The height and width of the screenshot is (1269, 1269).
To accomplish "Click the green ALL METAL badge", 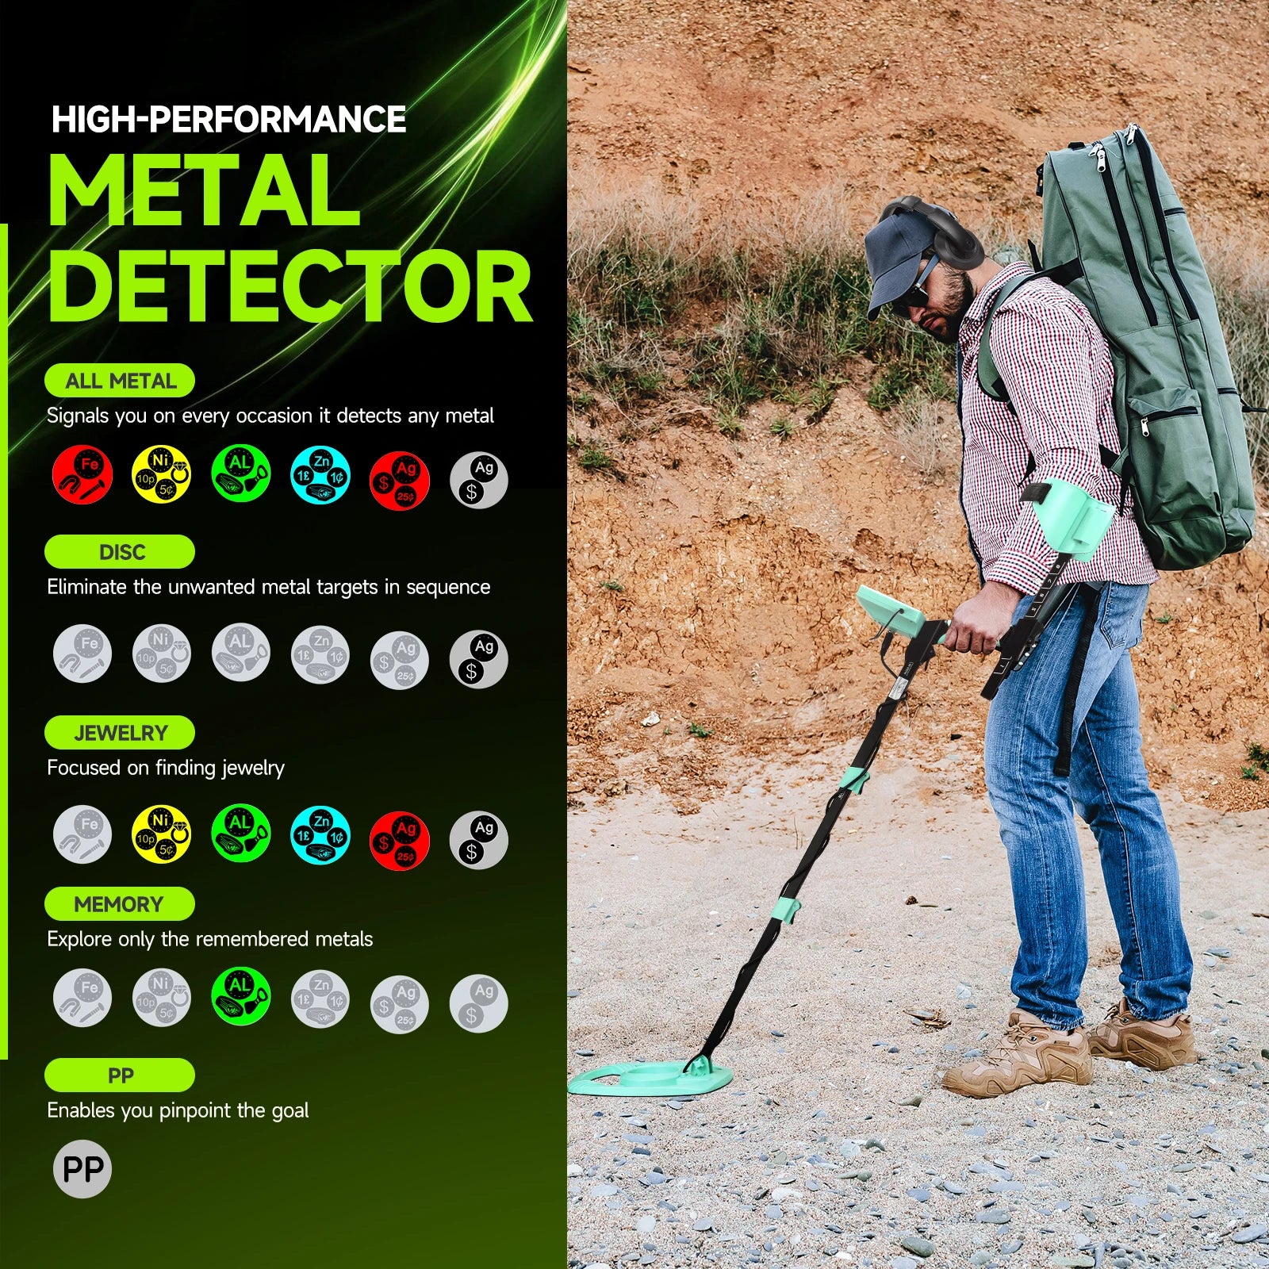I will [x=120, y=381].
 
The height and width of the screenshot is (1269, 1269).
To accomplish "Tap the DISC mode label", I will [x=120, y=552].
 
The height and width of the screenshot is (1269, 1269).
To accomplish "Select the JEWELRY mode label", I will [x=120, y=733].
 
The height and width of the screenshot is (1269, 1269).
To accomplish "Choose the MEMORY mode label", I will [x=120, y=904].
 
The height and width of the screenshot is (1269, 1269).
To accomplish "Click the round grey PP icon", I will [x=82, y=1169].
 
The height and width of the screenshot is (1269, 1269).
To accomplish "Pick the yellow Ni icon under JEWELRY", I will [x=161, y=834].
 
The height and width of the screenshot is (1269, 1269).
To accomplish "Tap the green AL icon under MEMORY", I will [x=241, y=996].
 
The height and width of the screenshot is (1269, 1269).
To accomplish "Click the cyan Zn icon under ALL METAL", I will [x=320, y=475].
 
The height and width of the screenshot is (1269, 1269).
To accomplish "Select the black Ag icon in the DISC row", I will [x=478, y=659].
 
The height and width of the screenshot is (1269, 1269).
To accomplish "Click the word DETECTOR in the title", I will [x=290, y=287].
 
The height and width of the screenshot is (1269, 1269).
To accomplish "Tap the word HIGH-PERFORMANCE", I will [x=229, y=119].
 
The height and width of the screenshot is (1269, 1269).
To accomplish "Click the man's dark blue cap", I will [x=896, y=254].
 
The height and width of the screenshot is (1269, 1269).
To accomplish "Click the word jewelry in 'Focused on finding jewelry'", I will [x=252, y=768].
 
